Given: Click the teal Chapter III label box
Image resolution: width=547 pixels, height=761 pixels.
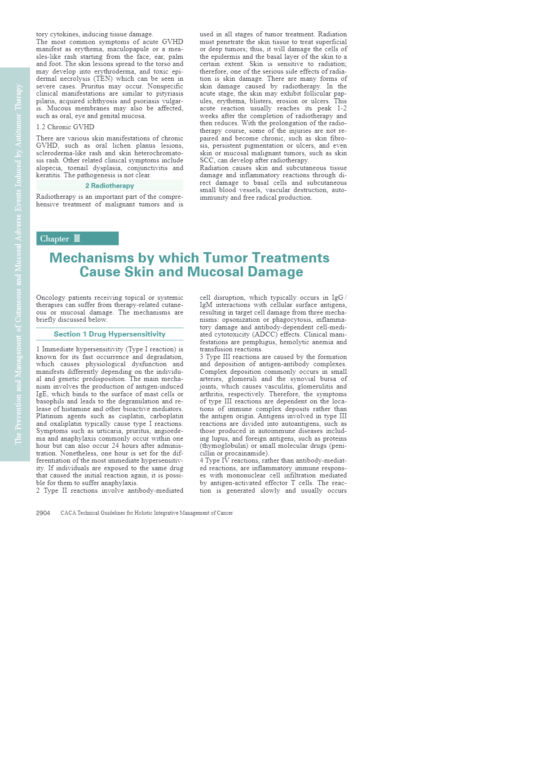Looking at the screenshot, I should (77, 238).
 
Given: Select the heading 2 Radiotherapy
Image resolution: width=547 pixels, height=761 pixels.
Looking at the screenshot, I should (110, 186).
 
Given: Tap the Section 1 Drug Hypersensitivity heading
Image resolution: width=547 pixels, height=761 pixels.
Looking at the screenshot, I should (110, 334).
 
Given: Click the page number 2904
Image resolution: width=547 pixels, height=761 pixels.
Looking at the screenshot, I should (43, 513).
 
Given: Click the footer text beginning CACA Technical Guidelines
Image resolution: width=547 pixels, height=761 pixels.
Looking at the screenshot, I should (146, 513).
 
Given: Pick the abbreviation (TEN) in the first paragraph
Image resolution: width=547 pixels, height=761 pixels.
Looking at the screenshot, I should (102, 79).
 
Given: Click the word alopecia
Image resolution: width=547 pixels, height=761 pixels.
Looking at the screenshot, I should (49, 168).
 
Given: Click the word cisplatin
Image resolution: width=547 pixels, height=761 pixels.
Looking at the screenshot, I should (132, 416).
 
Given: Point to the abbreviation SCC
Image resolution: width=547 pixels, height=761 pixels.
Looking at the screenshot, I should (207, 160).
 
